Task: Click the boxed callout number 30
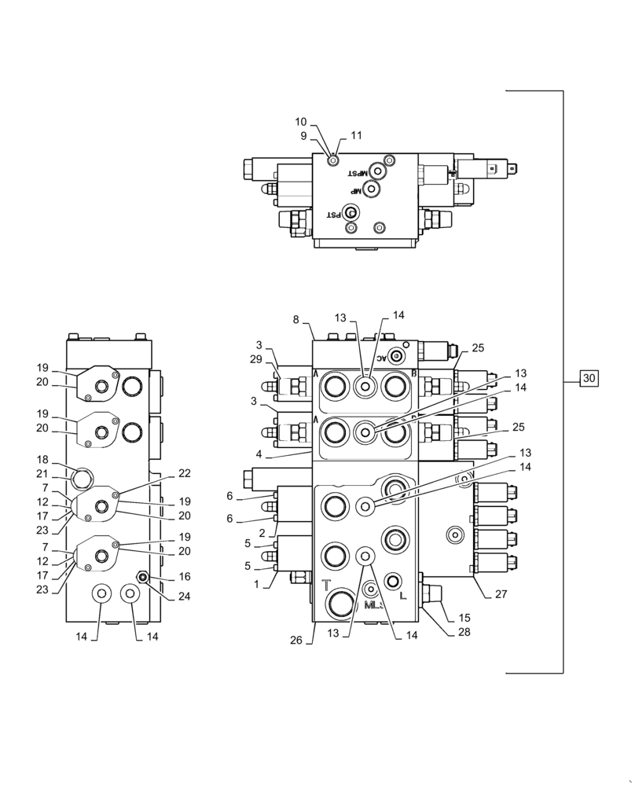(x=590, y=379)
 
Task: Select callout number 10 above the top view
(x=301, y=122)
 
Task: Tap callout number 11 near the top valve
(x=356, y=135)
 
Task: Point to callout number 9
(x=302, y=135)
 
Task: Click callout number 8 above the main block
(x=295, y=320)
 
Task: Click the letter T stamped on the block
(x=327, y=584)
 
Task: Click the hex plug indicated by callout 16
(x=143, y=578)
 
